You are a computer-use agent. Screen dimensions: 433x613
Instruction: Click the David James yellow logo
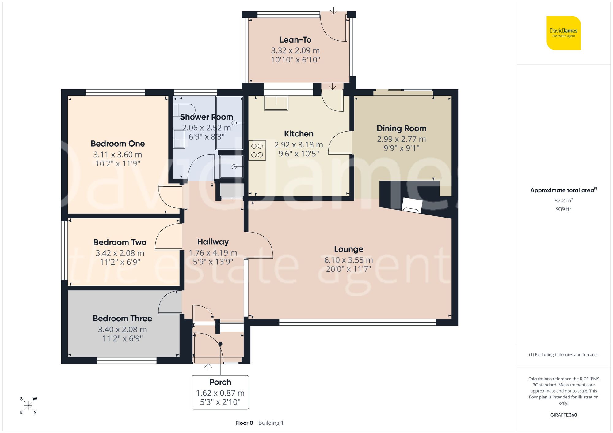pos(563,33)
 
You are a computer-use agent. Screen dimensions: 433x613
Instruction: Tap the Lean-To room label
pos(295,40)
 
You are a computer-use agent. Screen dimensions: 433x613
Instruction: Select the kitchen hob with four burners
pos(257,150)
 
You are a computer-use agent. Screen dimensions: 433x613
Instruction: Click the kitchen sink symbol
pos(276,103)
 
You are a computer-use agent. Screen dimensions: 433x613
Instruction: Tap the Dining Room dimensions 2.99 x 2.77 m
pos(401,139)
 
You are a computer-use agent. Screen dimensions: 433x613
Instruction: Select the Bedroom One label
pos(118,144)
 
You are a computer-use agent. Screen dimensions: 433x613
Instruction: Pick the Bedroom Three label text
pos(122,319)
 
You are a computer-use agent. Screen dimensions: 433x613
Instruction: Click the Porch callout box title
pos(220,382)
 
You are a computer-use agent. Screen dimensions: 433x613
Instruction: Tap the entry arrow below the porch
pos(208,367)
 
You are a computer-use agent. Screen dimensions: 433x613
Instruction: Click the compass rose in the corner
pos(28,406)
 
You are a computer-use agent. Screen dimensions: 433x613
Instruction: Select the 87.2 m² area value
pos(563,200)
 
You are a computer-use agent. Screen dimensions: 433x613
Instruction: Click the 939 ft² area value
pos(563,209)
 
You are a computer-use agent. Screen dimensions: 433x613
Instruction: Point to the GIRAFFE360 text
pos(563,415)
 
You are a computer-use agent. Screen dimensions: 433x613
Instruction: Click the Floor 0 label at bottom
pos(244,423)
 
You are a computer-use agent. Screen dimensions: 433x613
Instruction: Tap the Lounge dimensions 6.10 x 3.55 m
pos(348,260)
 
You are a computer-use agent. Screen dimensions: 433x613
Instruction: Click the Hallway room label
pos(213,242)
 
